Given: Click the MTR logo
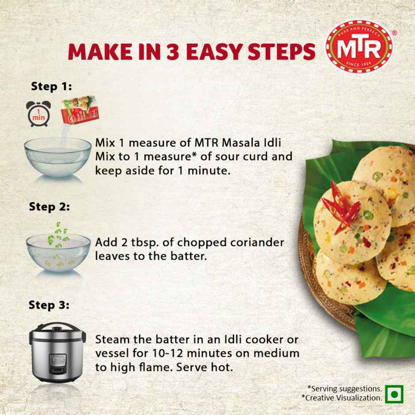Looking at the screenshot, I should [358, 46].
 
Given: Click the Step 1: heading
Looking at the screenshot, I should [51, 86].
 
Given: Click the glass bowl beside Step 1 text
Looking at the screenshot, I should [57, 157].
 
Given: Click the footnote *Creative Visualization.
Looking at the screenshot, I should [341, 398].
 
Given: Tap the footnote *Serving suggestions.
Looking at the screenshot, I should [345, 389].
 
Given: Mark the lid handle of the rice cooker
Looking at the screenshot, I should [58, 327].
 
